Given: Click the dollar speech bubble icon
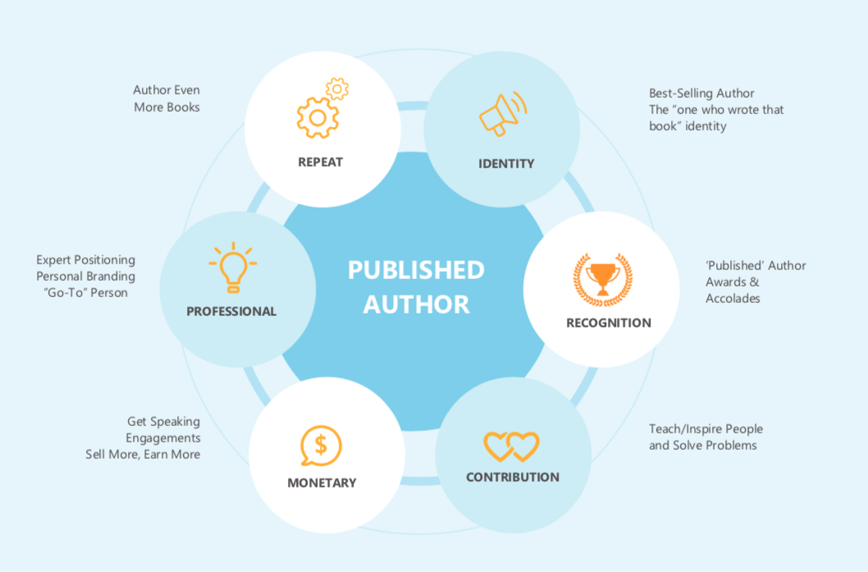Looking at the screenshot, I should [x=321, y=446].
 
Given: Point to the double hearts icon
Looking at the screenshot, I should [x=511, y=446].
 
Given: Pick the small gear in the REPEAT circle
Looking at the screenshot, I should [x=337, y=89].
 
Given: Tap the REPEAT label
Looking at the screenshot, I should [x=321, y=162].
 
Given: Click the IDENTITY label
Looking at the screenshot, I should [x=506, y=163].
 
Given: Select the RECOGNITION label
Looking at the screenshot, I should [x=609, y=323].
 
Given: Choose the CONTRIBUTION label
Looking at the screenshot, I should [x=513, y=477].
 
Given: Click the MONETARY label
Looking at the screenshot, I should [x=322, y=483].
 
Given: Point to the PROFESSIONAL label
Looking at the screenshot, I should [x=231, y=311].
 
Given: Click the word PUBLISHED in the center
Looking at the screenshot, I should [x=416, y=270].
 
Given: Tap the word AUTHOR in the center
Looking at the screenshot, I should [x=417, y=304].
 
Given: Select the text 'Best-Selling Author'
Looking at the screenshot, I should [x=701, y=94].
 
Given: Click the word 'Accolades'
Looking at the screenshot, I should [x=733, y=299].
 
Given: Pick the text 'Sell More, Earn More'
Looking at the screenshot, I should [x=143, y=455].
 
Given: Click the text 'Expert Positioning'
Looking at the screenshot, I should [x=86, y=260].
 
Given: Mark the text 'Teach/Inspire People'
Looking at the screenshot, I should [x=706, y=429].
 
